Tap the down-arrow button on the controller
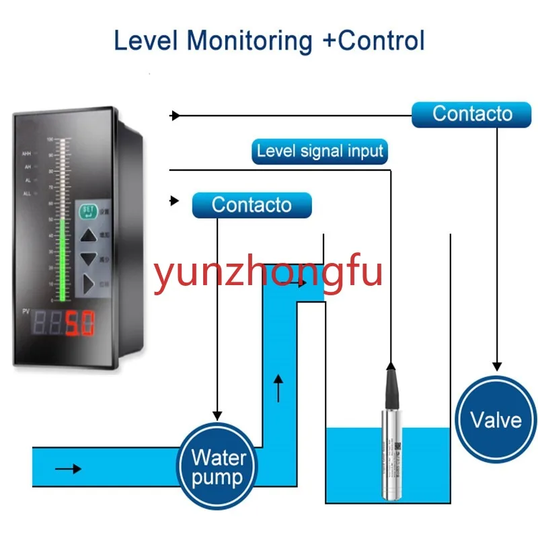[89, 259]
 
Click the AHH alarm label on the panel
[28, 154]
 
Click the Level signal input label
[320, 151]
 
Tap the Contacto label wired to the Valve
[472, 114]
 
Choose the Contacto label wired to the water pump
[252, 204]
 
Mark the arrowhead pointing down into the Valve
[496, 364]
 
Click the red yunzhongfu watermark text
[269, 274]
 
